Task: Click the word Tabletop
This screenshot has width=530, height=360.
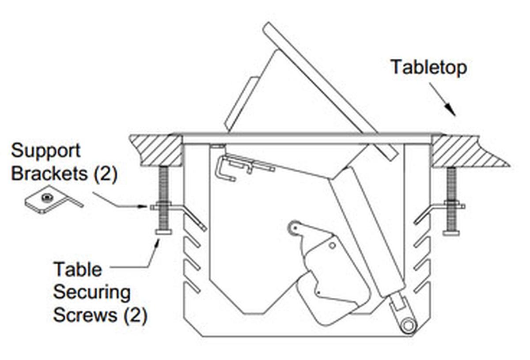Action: (x=428, y=68)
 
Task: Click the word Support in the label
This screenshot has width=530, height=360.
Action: (x=45, y=151)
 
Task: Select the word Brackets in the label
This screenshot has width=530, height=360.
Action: (x=51, y=173)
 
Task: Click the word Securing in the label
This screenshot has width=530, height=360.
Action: (x=91, y=292)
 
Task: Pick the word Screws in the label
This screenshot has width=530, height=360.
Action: (x=85, y=315)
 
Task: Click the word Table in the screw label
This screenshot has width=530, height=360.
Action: (x=77, y=269)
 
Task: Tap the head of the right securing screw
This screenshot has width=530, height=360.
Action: (x=451, y=232)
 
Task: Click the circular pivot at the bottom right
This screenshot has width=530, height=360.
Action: (x=409, y=326)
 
